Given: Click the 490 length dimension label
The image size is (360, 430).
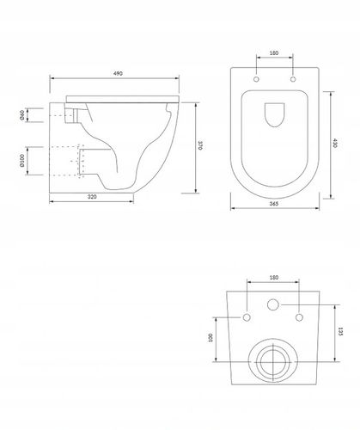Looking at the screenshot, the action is coord(118,73).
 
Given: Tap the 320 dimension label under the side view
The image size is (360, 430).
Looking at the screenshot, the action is coord(92,197).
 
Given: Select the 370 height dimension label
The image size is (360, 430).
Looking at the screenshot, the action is coord(200,145).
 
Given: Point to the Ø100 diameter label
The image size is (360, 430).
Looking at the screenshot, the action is coord(22,161).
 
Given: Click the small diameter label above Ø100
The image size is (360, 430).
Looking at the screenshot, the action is coord(22,115).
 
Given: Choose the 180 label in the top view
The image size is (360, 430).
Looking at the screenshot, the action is coord(274,53).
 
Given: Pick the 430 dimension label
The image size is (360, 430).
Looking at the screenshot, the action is coord(335,143).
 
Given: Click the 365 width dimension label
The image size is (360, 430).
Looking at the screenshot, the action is coord(274,204).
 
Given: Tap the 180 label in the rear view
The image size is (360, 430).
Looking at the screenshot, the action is coord(274,278).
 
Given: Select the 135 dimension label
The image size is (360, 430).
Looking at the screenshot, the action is coord(340,331).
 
